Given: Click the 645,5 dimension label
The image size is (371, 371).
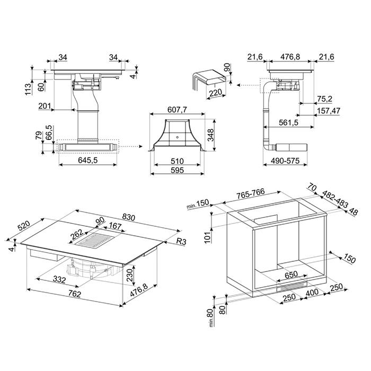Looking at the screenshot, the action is click(88, 161).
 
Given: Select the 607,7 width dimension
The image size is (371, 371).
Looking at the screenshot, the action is click(177, 110).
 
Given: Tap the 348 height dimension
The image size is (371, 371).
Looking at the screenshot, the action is click(210, 135).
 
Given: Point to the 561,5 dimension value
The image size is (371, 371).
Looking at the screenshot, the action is click(288, 122).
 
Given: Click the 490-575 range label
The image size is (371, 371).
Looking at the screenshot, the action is click(285, 161).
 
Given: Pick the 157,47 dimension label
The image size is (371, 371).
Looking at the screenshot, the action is click(329, 111).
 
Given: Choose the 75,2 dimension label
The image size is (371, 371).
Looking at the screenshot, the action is click(324, 99).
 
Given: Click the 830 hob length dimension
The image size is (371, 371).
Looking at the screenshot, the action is click(128, 217).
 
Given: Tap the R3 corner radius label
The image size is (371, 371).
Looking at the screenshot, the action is click(181, 241).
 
